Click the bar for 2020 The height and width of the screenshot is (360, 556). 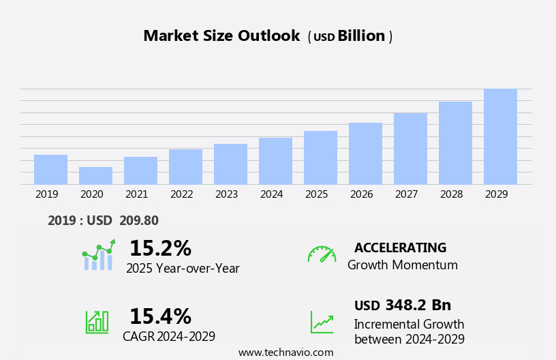[x=95, y=176]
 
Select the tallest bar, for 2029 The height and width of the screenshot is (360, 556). [x=500, y=136]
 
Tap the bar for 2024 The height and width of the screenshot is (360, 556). [x=275, y=161]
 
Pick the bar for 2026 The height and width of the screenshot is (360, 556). [x=365, y=153]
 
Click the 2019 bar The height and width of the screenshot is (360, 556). [x=50, y=170]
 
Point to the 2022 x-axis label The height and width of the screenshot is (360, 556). [x=182, y=194]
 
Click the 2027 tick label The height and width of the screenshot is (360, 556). [x=407, y=194]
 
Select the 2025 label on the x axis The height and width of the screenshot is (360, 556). [x=317, y=194]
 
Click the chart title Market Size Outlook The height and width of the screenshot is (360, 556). [x=221, y=36]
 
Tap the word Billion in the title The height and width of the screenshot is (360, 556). [x=361, y=36]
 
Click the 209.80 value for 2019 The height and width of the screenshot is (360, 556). [x=138, y=220]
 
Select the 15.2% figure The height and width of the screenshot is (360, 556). [x=160, y=248]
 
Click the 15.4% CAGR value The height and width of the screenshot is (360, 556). [x=160, y=316]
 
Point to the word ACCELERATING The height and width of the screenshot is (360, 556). [x=400, y=247]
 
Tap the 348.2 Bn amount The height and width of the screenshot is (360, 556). [x=418, y=305]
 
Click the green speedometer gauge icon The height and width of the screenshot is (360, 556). [x=322, y=254]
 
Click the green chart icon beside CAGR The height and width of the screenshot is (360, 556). [x=97, y=321]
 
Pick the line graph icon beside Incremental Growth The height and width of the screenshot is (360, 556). [x=322, y=322]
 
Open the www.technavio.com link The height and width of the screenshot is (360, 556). [x=285, y=352]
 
